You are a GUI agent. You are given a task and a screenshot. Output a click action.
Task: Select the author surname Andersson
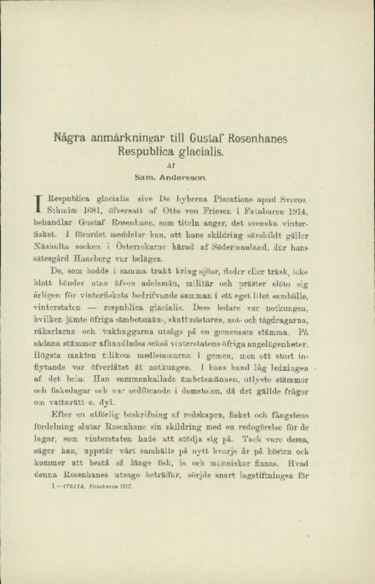(x=191, y=178)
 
